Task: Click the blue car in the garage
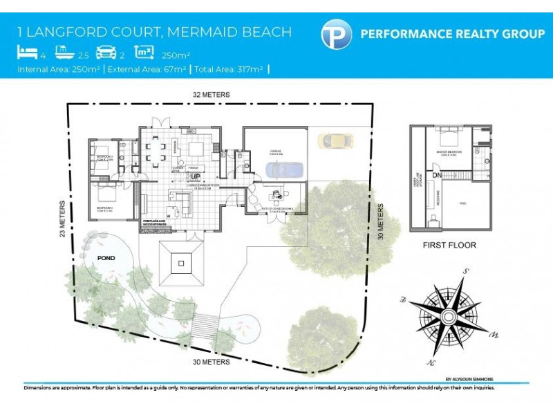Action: [283, 169]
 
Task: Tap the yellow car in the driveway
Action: [335, 141]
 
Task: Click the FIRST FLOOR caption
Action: [449, 245]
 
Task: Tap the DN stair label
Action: [438, 175]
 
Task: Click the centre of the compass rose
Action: [448, 317]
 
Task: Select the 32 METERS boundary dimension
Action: [212, 94]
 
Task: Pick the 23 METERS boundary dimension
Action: [64, 219]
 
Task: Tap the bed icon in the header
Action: [27, 53]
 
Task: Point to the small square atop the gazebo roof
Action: [181, 262]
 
